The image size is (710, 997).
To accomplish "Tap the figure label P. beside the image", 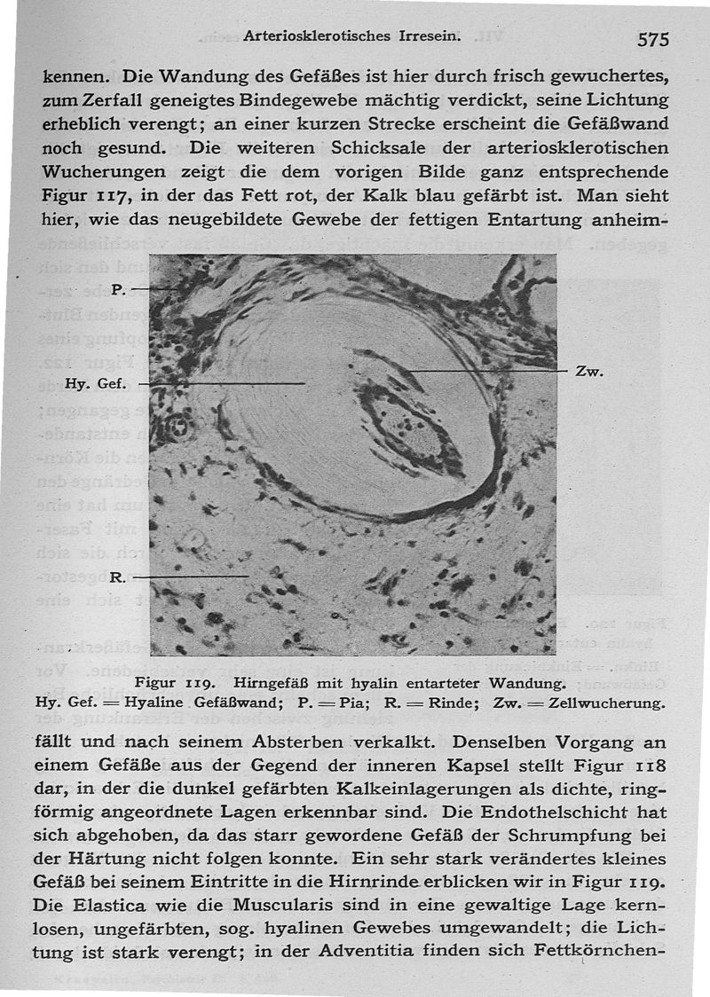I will point(120,289).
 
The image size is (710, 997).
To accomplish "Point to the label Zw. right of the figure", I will point(589,372).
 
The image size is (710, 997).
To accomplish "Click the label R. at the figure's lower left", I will point(115,577).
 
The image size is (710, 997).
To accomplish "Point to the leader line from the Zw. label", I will point(479,370).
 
